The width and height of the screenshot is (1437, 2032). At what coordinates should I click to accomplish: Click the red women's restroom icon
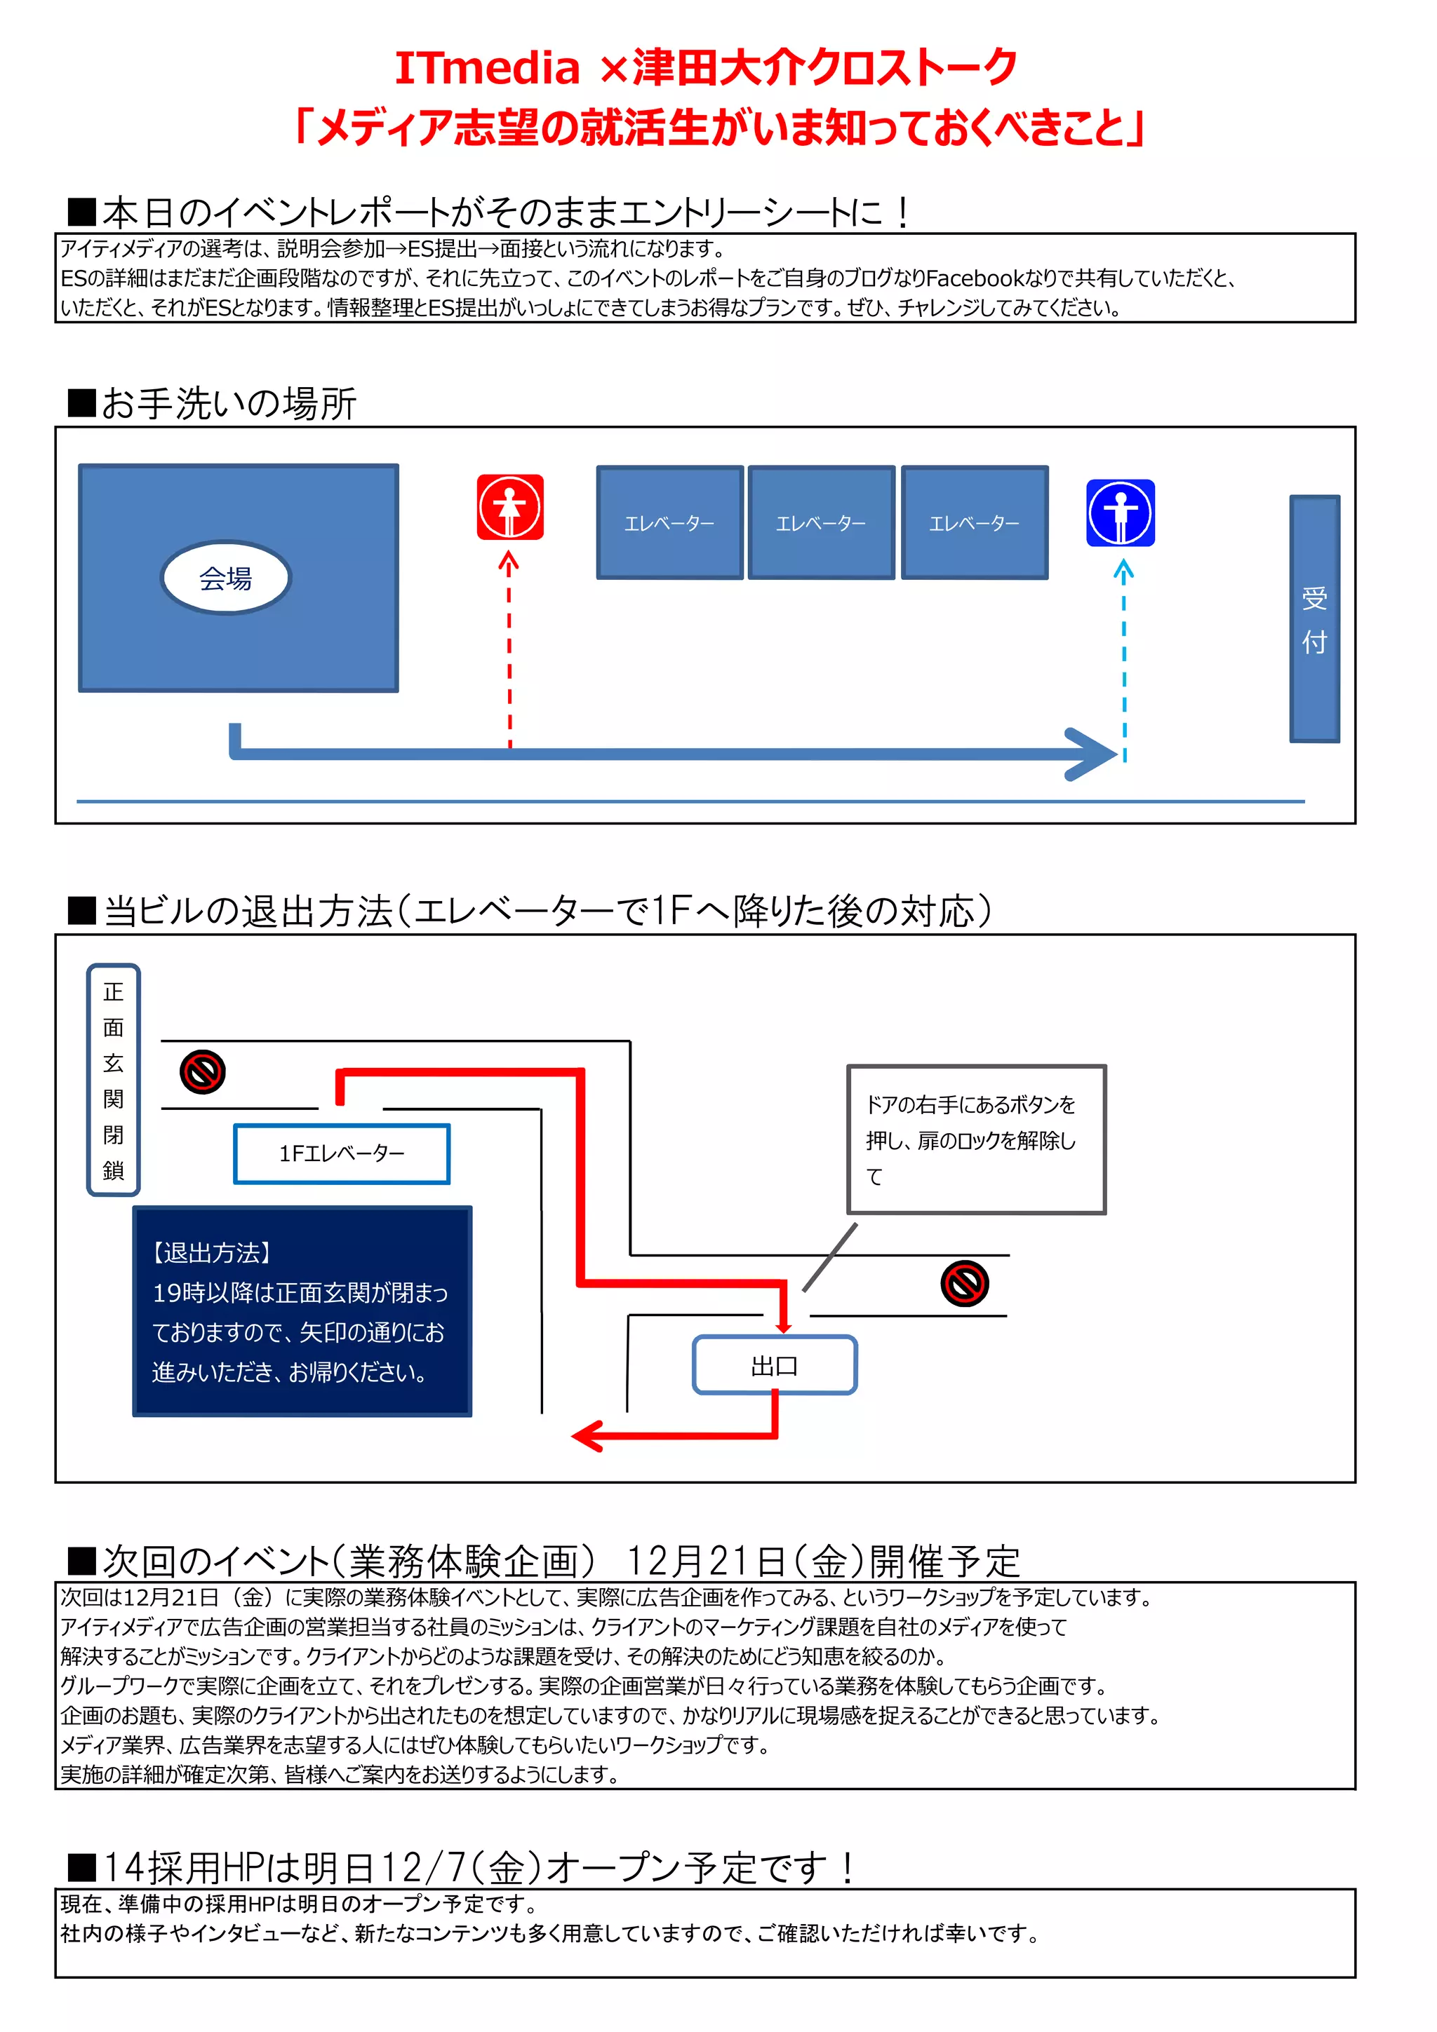(509, 507)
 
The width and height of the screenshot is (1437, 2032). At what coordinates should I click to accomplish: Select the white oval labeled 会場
(225, 578)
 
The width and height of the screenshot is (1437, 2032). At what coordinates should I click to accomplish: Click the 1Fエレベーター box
(342, 1153)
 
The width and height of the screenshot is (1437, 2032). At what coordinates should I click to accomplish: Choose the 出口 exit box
(774, 1366)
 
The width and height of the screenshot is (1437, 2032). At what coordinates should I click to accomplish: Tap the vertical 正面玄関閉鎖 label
(114, 1080)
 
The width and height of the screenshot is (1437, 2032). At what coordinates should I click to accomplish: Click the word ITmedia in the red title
(486, 68)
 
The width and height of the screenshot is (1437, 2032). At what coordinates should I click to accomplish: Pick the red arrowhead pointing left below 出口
(586, 1435)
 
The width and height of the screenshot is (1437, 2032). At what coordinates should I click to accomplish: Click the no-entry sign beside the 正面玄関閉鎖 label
(203, 1073)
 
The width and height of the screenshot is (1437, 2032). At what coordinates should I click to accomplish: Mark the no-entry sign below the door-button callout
(964, 1283)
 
